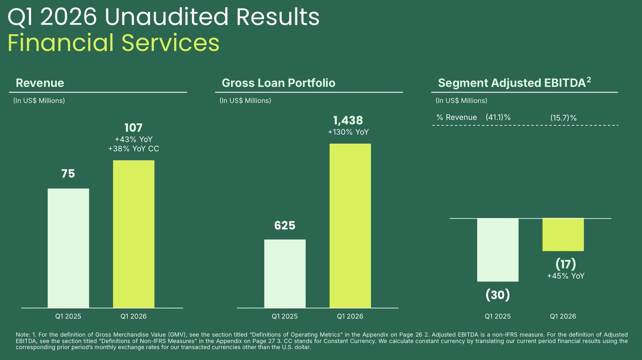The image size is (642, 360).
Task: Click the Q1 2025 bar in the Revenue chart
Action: [68, 248]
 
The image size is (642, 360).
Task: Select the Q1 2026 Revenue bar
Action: [134, 234]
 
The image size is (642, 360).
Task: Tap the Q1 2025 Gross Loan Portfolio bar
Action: [285, 274]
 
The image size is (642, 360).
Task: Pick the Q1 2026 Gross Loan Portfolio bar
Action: [350, 226]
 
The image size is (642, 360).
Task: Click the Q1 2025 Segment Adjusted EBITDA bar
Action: [498, 250]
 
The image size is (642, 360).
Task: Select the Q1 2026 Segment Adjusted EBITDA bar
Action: [563, 235]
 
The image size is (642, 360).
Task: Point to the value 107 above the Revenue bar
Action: [134, 128]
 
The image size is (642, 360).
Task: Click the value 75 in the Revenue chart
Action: [68, 174]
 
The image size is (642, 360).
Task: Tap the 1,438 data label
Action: [348, 120]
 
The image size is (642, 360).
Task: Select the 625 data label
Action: [285, 226]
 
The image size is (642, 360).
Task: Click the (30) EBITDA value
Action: [498, 295]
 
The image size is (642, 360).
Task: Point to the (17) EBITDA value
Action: [566, 264]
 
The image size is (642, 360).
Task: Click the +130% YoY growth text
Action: [348, 132]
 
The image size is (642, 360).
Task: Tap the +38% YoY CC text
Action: [134, 149]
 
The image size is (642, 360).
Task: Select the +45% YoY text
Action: [566, 276]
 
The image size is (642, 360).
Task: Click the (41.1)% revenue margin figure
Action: [498, 117]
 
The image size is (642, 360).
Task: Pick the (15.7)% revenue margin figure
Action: [563, 118]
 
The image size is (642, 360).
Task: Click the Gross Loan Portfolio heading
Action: [279, 83]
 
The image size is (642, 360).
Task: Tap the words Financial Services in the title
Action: [113, 43]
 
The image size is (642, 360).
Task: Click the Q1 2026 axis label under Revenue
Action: [134, 317]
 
